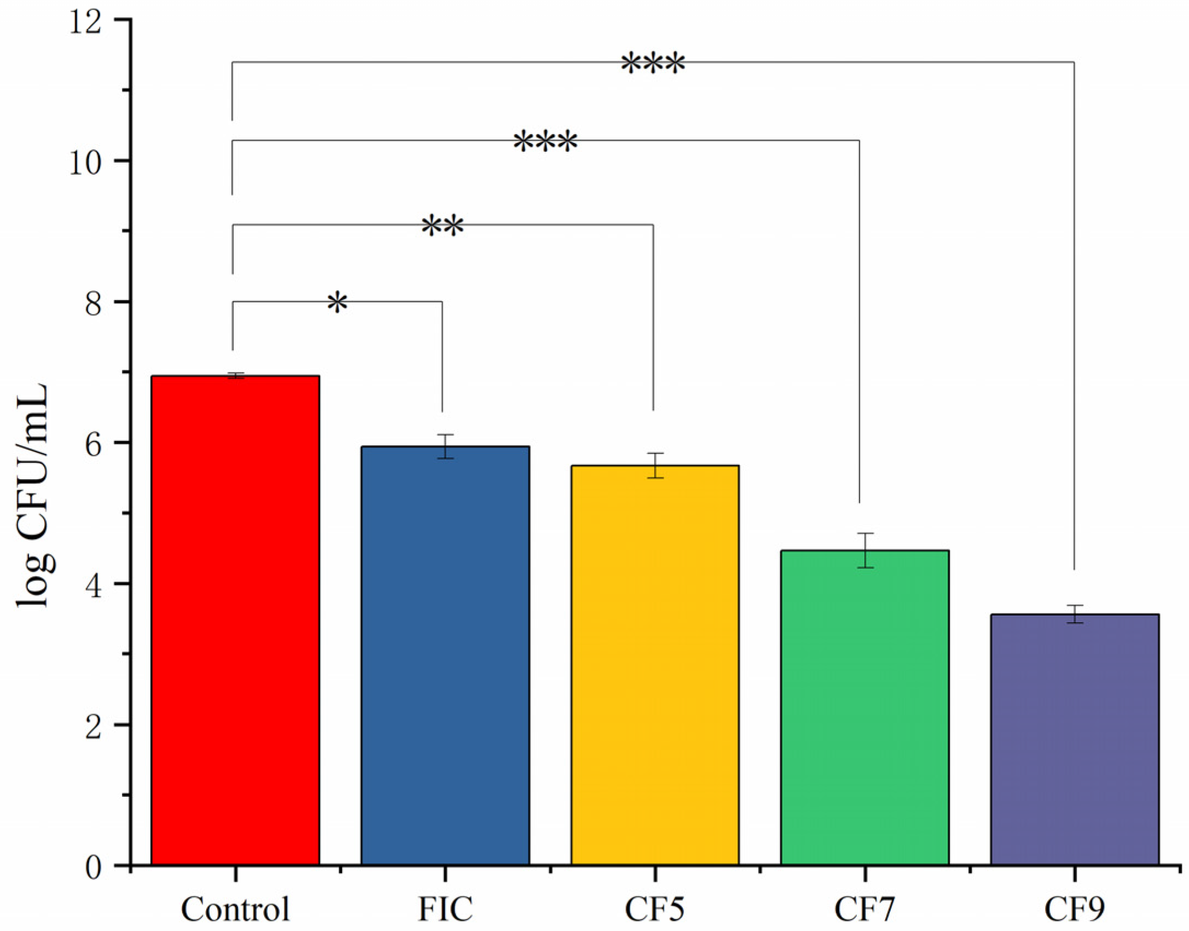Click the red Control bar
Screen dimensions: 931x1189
235,619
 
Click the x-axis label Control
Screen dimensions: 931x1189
235,909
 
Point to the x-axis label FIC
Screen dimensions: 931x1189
445,909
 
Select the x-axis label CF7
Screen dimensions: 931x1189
865,909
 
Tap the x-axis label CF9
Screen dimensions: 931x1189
1074,909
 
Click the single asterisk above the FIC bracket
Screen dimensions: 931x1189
338,302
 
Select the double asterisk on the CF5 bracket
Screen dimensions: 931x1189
443,226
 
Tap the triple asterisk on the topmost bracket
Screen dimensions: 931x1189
653,64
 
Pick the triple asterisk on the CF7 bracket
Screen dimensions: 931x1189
545,142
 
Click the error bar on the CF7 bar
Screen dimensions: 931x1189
865,550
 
